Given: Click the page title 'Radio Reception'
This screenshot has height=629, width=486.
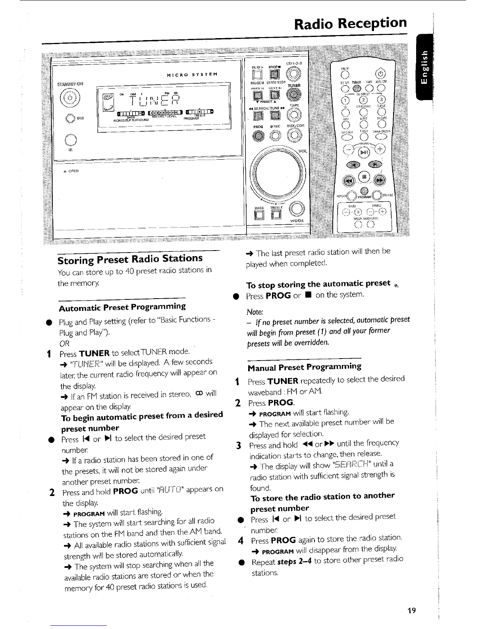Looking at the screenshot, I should coord(351,23).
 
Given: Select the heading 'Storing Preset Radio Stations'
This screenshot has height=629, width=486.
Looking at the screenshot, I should coord(130,259).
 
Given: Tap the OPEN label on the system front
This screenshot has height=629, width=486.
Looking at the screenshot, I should coord(73,171).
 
